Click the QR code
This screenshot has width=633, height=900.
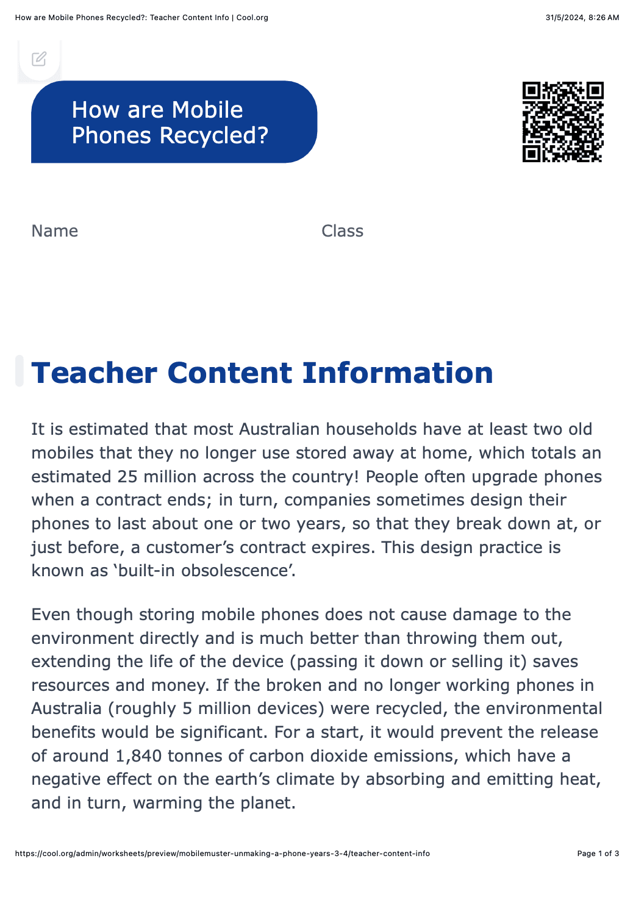tap(563, 122)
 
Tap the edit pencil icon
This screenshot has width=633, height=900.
tap(39, 59)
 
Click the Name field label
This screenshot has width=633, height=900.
tap(55, 231)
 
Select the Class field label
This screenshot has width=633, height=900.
tap(342, 231)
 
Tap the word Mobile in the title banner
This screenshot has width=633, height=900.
tap(207, 110)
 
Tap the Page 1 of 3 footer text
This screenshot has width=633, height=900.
tap(598, 854)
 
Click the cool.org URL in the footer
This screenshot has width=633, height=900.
tap(223, 854)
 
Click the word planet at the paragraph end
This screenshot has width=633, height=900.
tap(265, 803)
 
